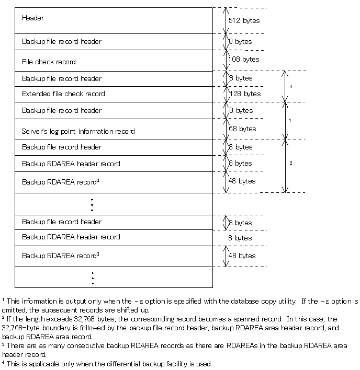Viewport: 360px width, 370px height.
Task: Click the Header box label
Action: coord(33,18)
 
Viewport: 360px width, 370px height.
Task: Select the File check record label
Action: coord(49,62)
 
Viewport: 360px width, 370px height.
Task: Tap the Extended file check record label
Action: coord(63,94)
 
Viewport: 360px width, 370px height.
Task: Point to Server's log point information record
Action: coord(78,131)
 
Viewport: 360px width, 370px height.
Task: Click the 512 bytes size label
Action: coord(244,21)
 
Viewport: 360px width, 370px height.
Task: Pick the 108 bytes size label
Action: coord(244,60)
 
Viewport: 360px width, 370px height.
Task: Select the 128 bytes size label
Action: coord(245,94)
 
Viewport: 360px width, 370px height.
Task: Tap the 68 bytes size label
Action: coord(242,129)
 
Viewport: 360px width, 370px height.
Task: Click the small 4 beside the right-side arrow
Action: coord(291,85)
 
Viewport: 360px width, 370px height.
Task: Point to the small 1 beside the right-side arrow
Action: coord(291,120)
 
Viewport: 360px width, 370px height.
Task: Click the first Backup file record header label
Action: coord(62,41)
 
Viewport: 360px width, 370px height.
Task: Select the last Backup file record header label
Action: coord(62,222)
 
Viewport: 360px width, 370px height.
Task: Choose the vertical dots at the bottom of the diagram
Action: coord(93,277)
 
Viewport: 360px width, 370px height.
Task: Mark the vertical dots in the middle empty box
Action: coord(92,204)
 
